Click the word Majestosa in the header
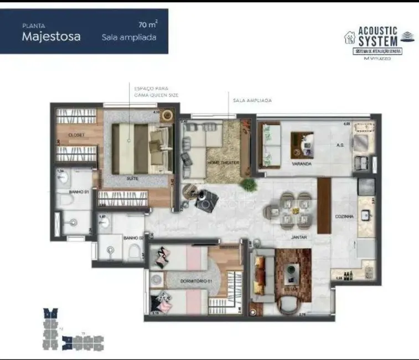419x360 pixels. pyautogui.click(x=51, y=37)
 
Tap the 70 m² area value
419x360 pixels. pyautogui.click(x=147, y=24)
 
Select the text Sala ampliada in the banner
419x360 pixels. pyautogui.click(x=129, y=38)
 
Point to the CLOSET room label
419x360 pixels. pyautogui.click(x=76, y=135)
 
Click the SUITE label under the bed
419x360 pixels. pyautogui.click(x=132, y=179)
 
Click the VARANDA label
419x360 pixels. pyautogui.click(x=303, y=164)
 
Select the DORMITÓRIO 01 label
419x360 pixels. pyautogui.click(x=198, y=281)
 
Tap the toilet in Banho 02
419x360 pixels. pyautogui.click(x=133, y=253)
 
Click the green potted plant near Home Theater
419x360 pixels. pyautogui.click(x=247, y=184)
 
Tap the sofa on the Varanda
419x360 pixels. pyautogui.click(x=271, y=143)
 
